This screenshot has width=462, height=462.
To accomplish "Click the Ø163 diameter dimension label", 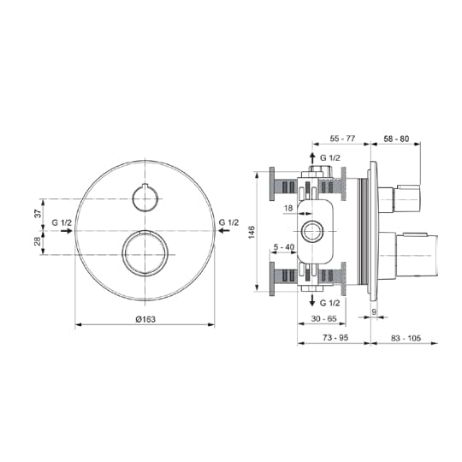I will (x=146, y=319).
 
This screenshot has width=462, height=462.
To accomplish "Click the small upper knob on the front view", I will (x=146, y=198).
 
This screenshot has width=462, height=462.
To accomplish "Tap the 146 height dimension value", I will (x=251, y=232).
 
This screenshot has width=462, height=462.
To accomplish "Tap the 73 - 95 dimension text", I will (x=333, y=339).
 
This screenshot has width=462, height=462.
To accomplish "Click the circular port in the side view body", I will (x=311, y=231).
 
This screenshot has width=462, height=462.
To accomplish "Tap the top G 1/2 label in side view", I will (x=330, y=158).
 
